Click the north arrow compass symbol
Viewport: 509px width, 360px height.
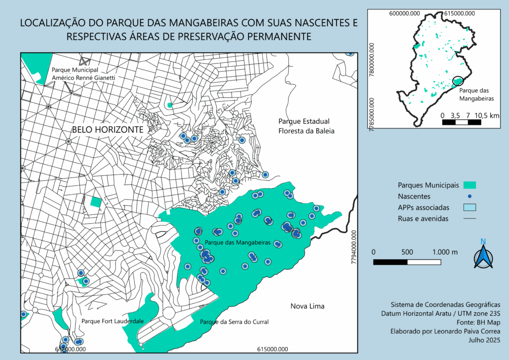tap(483, 255)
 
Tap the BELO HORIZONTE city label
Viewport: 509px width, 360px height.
tap(108, 129)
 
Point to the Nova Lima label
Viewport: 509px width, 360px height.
tap(307, 306)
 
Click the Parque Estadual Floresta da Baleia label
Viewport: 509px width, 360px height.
tap(307, 126)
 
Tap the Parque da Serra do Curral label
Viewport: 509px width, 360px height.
tap(234, 322)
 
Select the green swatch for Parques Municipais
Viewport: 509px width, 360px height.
tap(469, 185)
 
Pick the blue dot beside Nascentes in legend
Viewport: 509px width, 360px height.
tap(469, 196)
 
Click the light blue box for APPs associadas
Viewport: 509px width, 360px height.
tap(469, 207)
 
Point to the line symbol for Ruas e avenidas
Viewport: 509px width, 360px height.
tap(469, 218)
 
